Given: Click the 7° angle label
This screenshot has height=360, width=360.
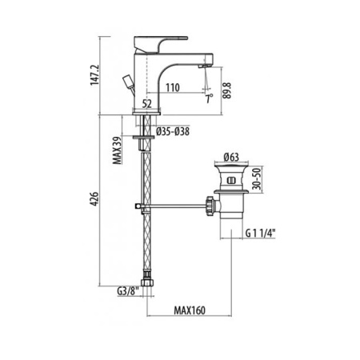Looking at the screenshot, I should tap(209, 98).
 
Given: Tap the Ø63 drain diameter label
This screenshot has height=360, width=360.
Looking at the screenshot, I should tap(232, 157).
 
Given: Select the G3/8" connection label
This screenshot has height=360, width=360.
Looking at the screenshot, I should tap(128, 294).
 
